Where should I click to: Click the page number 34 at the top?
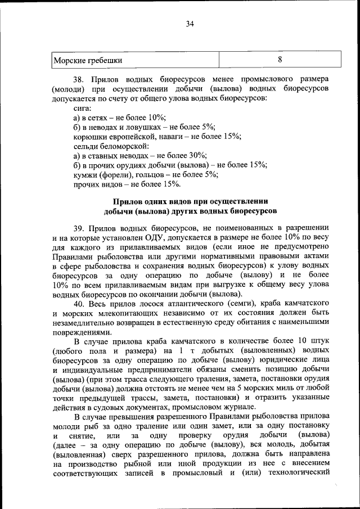190,24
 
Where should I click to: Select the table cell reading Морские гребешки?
87,60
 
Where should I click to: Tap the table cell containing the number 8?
280,60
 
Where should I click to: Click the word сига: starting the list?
83,107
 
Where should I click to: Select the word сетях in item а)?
100,117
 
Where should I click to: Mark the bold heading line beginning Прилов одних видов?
190,202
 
